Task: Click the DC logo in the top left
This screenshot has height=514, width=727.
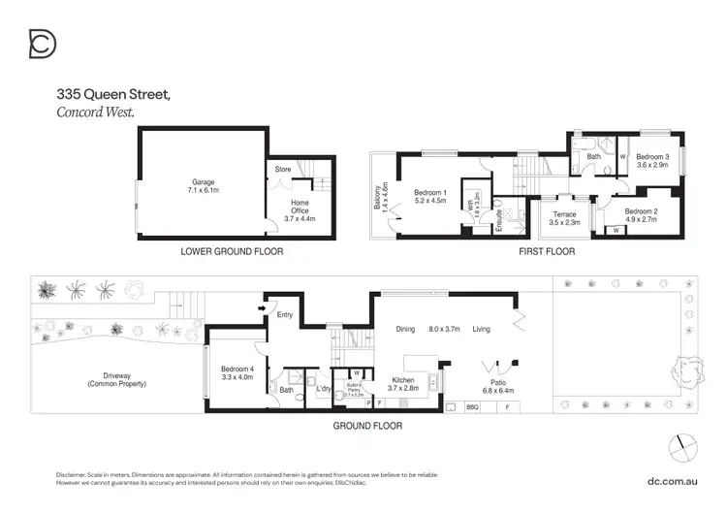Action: [x=43, y=44]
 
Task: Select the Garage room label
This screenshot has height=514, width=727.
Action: [x=203, y=181]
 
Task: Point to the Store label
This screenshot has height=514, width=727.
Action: [x=283, y=170]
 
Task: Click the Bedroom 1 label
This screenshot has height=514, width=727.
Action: [x=429, y=192]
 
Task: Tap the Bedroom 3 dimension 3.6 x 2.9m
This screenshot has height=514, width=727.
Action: [x=652, y=166]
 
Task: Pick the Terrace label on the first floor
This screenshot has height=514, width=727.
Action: [x=564, y=214]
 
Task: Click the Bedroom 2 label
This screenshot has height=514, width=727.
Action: [x=641, y=211]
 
